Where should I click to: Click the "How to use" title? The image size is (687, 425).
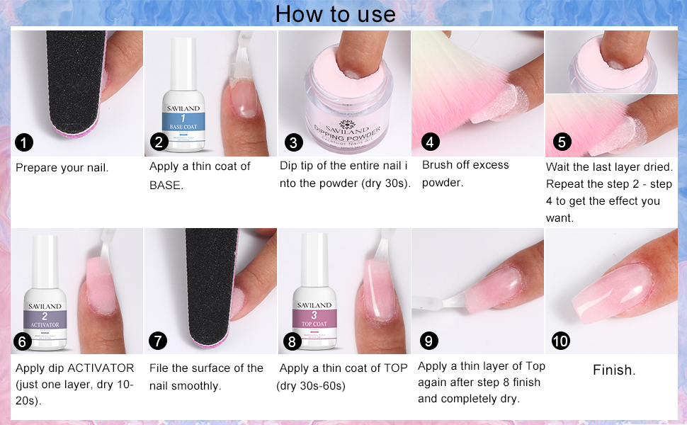(x=335, y=13)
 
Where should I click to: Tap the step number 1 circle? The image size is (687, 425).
(x=24, y=142)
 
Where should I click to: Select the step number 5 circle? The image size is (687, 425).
(x=562, y=142)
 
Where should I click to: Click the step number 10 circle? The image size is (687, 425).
(x=560, y=341)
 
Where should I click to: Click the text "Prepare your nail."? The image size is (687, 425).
(x=62, y=168)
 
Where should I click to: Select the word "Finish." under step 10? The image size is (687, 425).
(x=614, y=370)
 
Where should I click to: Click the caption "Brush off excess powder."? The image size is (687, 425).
(x=465, y=174)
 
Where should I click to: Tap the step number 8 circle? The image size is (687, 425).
(x=292, y=341)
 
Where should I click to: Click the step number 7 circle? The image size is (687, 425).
(x=158, y=341)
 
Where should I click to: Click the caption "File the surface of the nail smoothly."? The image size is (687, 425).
(x=206, y=377)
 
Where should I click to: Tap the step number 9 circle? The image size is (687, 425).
(x=428, y=341)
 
